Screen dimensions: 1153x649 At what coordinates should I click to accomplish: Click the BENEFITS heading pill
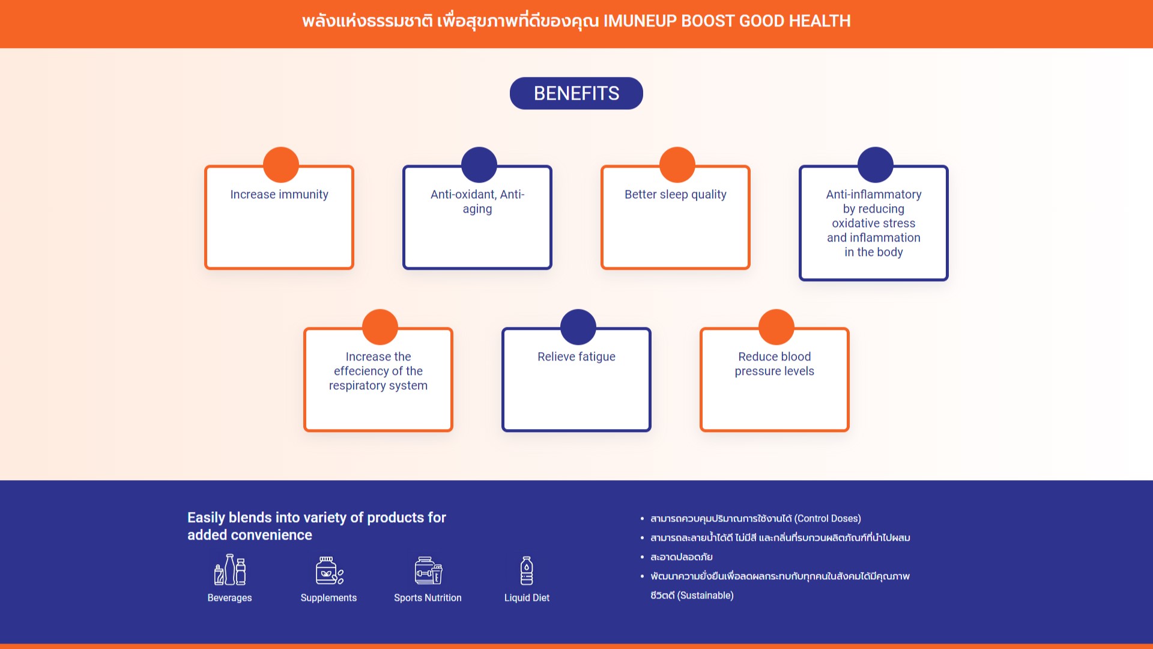click(576, 93)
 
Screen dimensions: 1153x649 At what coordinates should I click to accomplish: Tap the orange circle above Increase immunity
click(281, 165)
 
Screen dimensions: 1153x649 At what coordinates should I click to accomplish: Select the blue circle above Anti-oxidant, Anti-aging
click(479, 165)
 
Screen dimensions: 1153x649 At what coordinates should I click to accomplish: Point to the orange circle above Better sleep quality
click(677, 165)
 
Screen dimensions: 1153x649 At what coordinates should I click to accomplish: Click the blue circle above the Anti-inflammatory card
click(876, 165)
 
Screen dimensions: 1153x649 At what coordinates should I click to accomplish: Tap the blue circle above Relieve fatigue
click(578, 327)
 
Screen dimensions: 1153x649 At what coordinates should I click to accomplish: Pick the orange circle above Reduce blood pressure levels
click(776, 327)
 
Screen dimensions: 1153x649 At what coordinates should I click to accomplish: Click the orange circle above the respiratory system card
click(380, 327)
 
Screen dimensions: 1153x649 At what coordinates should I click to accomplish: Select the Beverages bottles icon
click(230, 570)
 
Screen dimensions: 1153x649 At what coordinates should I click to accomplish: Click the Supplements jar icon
click(330, 570)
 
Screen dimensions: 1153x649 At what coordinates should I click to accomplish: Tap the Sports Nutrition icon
click(428, 570)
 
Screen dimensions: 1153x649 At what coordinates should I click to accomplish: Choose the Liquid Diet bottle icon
click(527, 570)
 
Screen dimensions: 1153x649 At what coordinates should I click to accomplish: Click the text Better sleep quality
click(676, 195)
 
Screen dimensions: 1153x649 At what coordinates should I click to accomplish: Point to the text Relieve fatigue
click(576, 357)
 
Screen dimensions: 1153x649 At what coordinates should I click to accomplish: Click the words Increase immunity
click(279, 195)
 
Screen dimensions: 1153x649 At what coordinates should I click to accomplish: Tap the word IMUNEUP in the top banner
click(640, 21)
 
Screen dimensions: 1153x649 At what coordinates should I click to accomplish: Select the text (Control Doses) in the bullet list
click(828, 519)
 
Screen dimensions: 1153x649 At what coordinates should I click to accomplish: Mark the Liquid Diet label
click(527, 598)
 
